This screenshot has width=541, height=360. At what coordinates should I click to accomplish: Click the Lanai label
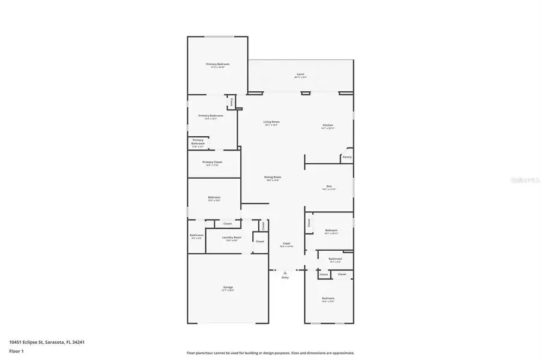(301, 74)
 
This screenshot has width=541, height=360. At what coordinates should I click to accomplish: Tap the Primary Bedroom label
(218, 64)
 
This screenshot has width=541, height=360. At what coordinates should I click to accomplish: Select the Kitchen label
(327, 125)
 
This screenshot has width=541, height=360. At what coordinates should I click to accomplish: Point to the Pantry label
(346, 157)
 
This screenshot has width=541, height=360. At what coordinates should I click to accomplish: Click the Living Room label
(271, 122)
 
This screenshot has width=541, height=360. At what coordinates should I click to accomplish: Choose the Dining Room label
(273, 177)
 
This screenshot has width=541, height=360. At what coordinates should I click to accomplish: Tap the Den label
(329, 187)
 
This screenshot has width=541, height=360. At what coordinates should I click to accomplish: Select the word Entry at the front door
(285, 278)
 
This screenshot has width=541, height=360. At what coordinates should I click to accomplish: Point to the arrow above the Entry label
(285, 272)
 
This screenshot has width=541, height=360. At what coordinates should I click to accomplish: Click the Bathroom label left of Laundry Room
(196, 235)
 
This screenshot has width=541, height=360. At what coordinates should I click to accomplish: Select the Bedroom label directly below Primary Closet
(214, 197)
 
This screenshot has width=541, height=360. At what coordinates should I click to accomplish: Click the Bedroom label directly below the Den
(331, 230)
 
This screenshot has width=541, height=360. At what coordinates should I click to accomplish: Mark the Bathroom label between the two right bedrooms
(335, 259)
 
